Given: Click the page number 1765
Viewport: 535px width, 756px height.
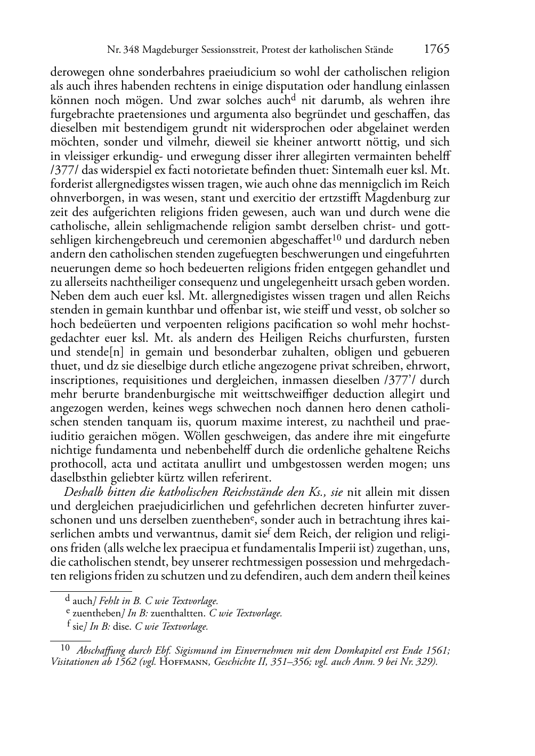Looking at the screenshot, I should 436,49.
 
